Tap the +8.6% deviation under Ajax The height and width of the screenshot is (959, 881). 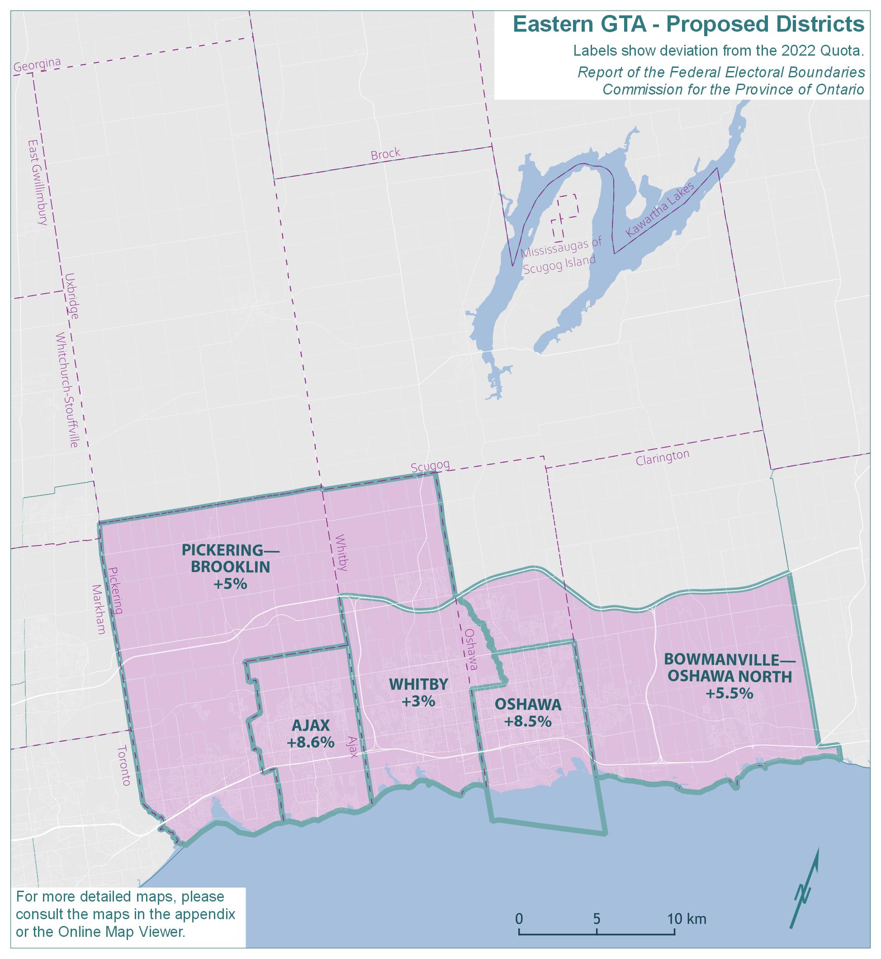(310, 742)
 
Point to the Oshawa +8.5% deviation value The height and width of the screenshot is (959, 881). (528, 722)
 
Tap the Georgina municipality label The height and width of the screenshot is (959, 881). (37, 66)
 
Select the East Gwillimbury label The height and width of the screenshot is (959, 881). (38, 182)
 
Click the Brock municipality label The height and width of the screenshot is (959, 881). (385, 154)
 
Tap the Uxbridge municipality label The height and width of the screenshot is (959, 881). (72, 295)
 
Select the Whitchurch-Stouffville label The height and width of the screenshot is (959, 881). (67, 390)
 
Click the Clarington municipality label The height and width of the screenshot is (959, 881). (662, 457)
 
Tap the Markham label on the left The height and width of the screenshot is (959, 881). (99, 609)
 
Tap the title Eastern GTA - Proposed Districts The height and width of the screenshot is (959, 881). (688, 24)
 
